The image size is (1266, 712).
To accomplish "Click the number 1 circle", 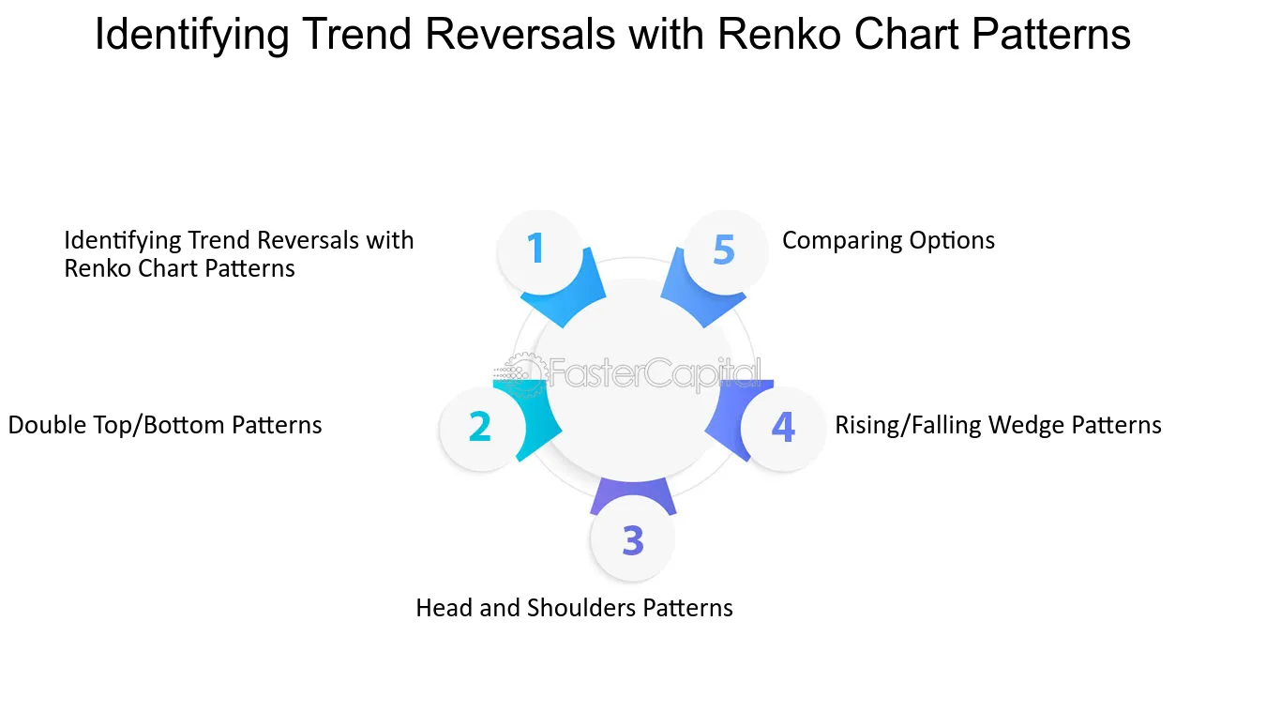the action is coord(540,251).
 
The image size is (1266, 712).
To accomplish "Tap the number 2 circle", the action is coord(481,429).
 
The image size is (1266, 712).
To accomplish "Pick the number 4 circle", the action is coord(783,429).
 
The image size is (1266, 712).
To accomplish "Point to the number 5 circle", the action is coord(726,251).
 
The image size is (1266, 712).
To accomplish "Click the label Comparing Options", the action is coord(888,240).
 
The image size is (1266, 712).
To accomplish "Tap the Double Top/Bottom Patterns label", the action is coord(165,425).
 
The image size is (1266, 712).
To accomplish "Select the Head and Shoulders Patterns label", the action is coord(574,608).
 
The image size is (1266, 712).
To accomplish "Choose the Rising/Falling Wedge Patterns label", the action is coord(998,425).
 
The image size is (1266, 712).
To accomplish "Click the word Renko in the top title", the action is coord(780,34).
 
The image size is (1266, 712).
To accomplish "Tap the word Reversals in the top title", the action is coord(520,34).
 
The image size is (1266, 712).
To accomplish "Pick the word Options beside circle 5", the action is coord(952,241).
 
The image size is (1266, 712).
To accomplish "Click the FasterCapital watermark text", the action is coord(655,372).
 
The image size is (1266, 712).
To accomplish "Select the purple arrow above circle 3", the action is coord(633,493).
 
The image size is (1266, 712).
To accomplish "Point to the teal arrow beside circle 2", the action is coord(535,418).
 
